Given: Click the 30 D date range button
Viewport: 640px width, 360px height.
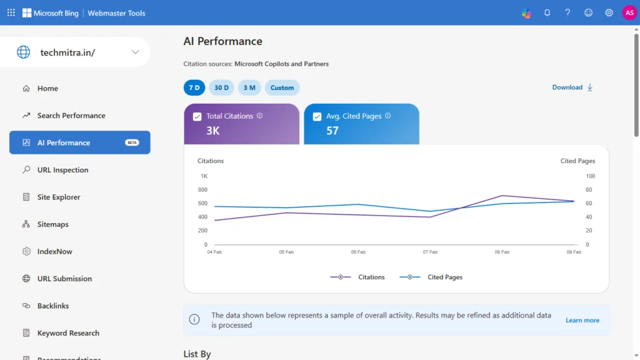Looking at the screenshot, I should point(222,87).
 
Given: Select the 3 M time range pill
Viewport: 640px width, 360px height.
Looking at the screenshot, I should point(249,87).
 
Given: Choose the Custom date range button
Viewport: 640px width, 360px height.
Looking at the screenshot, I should point(282,87).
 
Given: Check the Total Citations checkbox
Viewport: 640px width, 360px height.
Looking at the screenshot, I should point(197,116).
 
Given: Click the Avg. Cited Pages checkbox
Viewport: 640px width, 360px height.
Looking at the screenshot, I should point(317,116).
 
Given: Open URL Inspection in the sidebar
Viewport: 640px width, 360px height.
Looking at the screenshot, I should point(62,170).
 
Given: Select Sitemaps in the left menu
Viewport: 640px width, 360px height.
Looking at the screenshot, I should point(52,224).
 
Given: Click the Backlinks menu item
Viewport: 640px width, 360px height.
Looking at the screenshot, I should point(52,306).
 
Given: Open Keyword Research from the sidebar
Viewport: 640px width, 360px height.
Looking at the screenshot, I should point(68,333).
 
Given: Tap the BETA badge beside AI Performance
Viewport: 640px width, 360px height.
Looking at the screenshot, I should point(132,142).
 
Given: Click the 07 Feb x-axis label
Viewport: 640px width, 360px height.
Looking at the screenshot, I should point(430,252).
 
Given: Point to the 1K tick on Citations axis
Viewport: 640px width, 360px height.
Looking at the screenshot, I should point(204,176).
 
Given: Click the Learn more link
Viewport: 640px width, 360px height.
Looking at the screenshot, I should point(582,320).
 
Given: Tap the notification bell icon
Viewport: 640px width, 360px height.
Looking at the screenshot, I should point(547,12).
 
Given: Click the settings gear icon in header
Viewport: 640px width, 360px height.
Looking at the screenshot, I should point(609,12).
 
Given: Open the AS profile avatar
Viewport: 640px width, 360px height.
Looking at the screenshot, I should point(629,12).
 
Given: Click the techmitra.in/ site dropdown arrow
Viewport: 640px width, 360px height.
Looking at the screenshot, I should point(135,52).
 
